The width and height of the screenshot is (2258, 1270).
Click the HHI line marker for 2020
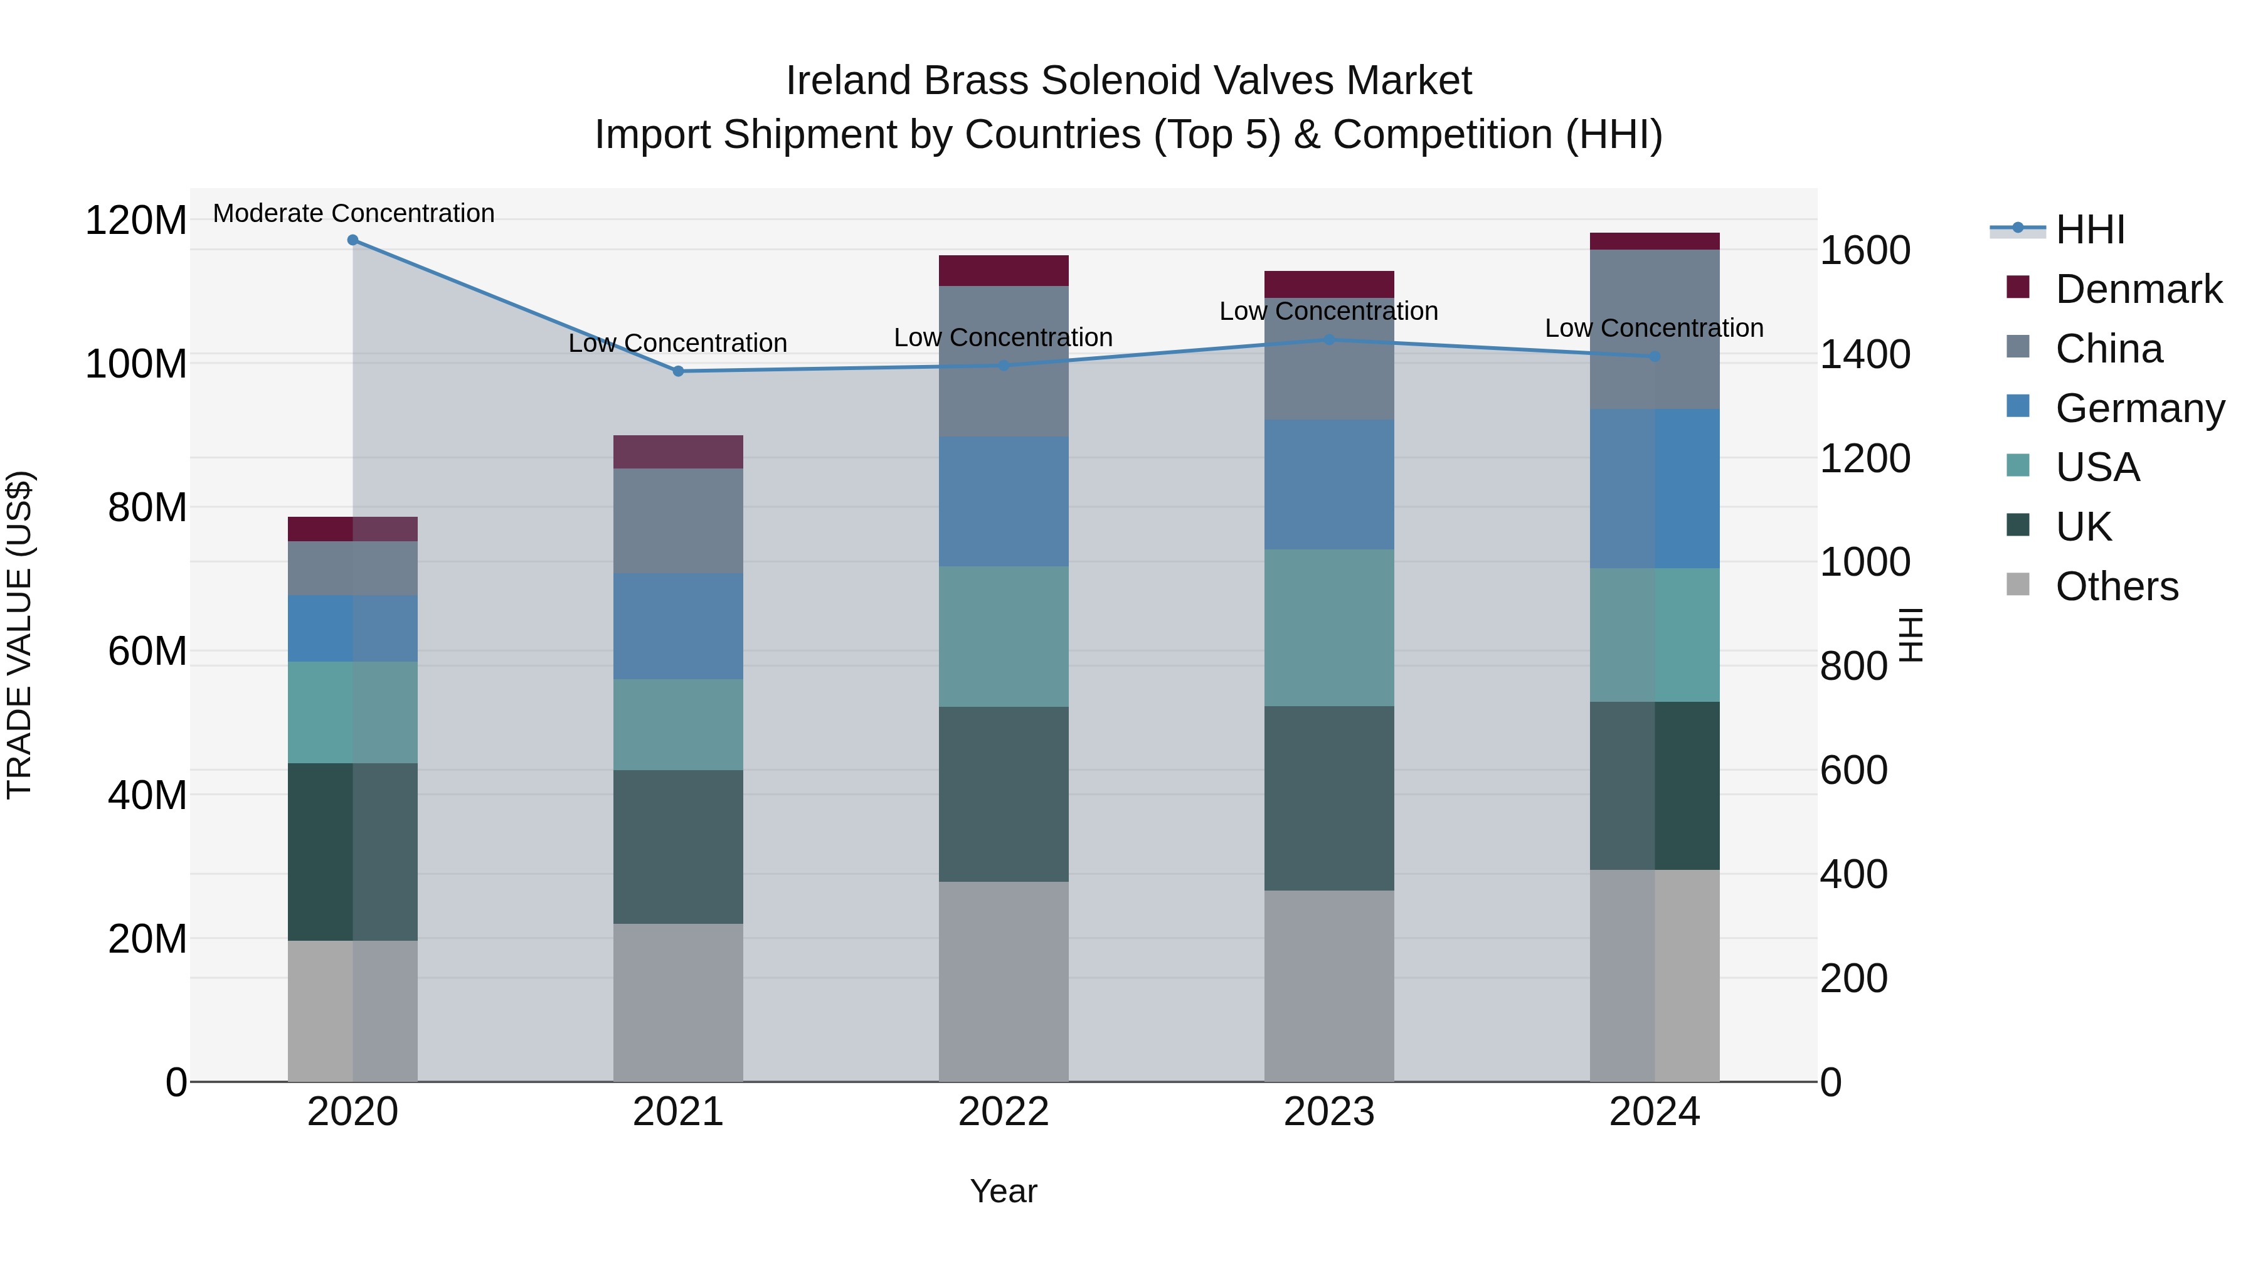[352, 240]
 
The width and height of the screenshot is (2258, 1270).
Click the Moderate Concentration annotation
[353, 214]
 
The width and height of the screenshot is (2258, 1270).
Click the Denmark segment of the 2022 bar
[1003, 271]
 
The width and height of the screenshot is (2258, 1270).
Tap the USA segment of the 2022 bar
[1003, 637]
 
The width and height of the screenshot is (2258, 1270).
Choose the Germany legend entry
[2139, 408]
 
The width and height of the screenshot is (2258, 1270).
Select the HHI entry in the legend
[2090, 230]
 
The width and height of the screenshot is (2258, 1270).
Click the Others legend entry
[2116, 586]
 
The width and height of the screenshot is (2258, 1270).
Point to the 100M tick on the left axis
[136, 364]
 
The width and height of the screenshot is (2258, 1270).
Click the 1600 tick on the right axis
[1865, 251]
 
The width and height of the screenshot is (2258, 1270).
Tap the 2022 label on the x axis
[1003, 1112]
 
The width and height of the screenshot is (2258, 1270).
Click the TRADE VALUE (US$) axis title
[19, 635]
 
